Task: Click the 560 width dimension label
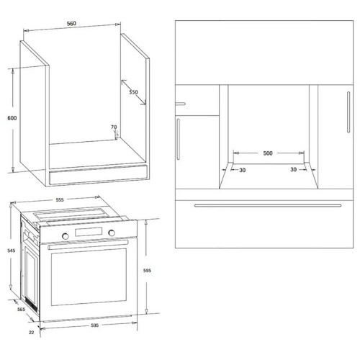click(x=71, y=24)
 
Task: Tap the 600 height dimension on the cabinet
click(x=12, y=118)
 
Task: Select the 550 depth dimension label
click(x=133, y=92)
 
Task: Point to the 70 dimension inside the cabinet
click(x=114, y=127)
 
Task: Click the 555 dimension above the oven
click(x=60, y=199)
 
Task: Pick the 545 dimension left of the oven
click(x=12, y=251)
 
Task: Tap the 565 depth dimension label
click(x=21, y=310)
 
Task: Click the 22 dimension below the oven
click(x=31, y=333)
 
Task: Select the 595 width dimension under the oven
click(x=95, y=325)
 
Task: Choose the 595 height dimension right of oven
click(x=147, y=271)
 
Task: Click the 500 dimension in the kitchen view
click(x=268, y=153)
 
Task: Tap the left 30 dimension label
click(x=243, y=170)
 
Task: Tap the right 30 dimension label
click(x=293, y=170)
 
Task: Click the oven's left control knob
click(x=66, y=236)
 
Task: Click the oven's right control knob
click(x=112, y=233)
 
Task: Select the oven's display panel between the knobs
click(x=89, y=232)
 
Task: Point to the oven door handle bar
click(x=88, y=245)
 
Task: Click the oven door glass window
click(x=89, y=277)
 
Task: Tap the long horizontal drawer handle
click(x=268, y=205)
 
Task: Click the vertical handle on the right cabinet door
click(x=348, y=112)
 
